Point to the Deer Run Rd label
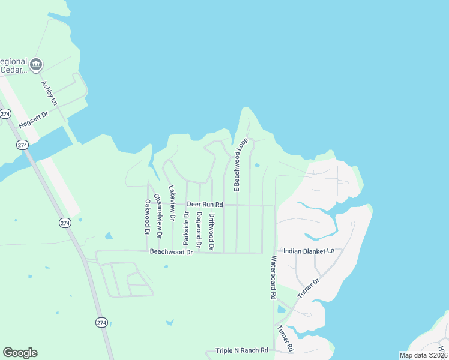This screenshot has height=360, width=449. point(205,205)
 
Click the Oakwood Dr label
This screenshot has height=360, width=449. point(146,217)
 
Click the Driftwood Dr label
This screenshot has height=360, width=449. point(211,231)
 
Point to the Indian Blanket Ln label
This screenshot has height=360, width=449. point(308,251)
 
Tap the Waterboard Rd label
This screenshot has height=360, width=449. point(273,278)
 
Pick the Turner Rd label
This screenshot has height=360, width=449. point(285,338)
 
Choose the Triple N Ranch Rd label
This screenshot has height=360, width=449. point(241,350)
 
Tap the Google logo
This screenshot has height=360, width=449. point(20,353)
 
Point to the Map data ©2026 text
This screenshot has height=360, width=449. point(423,355)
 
